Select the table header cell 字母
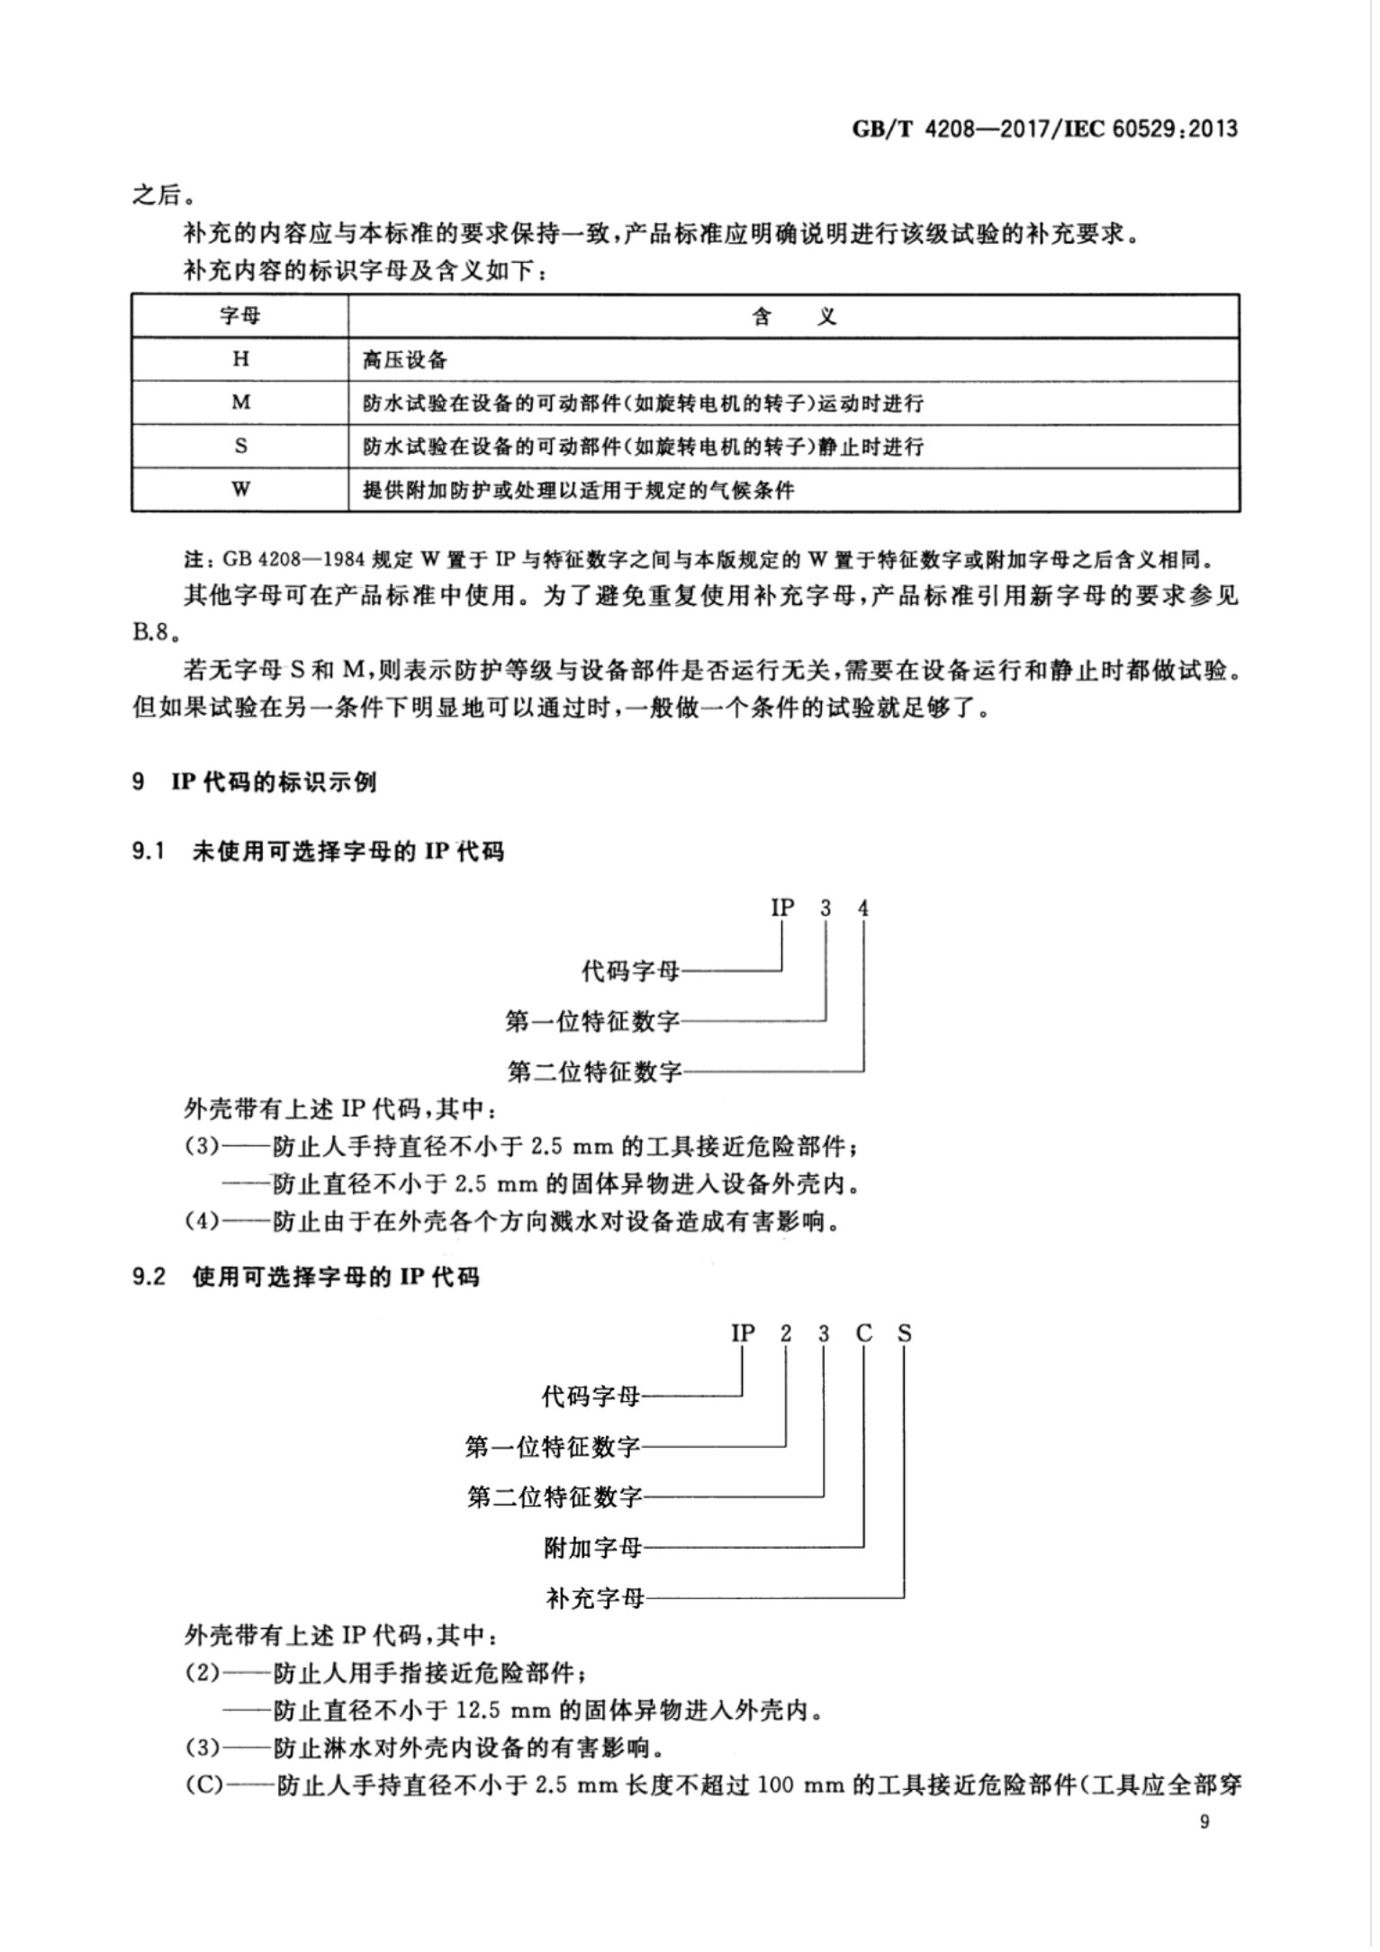240,316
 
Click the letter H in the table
240,359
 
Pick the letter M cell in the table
240,402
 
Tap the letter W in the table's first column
240,489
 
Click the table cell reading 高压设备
404,360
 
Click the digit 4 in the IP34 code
863,908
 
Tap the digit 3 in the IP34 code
825,908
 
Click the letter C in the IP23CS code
864,1333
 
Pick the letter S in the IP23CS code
904,1333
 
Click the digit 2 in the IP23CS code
786,1333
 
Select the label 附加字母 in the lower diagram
593,1548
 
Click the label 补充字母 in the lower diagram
595,1598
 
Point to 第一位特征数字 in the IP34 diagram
593,1021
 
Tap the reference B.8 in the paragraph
150,631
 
